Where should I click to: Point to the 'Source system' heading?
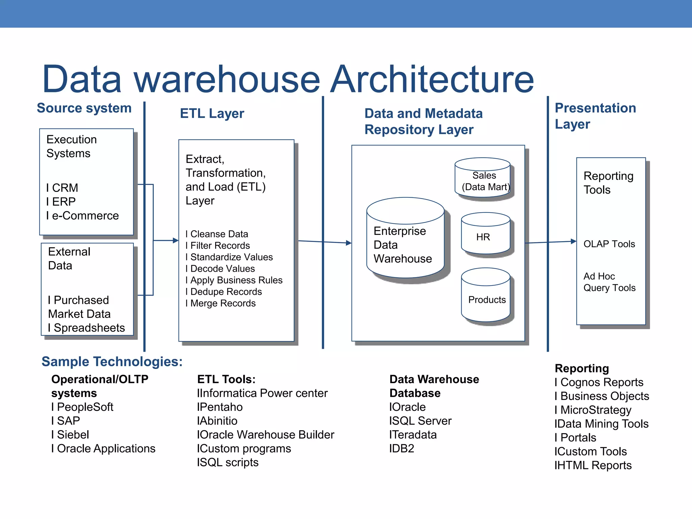tap(84, 108)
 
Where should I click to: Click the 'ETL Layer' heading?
tap(212, 114)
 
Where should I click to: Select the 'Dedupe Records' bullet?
tap(226, 292)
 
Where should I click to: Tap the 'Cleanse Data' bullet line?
tap(219, 234)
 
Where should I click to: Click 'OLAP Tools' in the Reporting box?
tap(609, 244)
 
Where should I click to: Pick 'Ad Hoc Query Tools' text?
tap(609, 282)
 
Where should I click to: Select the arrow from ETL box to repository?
tap(324, 242)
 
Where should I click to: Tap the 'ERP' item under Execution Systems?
tap(64, 202)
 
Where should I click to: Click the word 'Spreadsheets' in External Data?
tap(89, 328)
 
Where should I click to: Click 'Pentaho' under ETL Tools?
tap(221, 407)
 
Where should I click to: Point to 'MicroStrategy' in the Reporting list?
tap(595, 410)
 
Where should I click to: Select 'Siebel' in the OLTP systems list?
tap(73, 435)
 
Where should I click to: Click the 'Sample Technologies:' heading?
tap(112, 362)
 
